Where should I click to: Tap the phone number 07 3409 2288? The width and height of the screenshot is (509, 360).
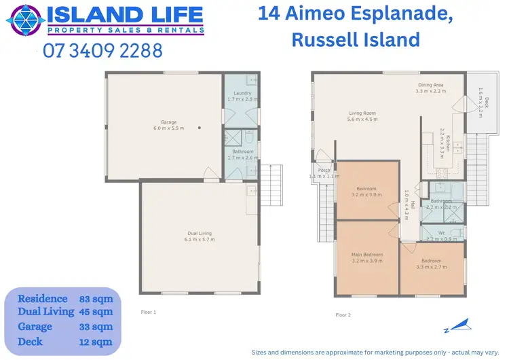pyautogui.click(x=102, y=50)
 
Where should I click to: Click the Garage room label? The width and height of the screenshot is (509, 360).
pyautogui.click(x=168, y=124)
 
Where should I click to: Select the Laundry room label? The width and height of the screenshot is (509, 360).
pyautogui.click(x=242, y=93)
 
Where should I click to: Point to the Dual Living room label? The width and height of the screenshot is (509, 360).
pyautogui.click(x=200, y=234)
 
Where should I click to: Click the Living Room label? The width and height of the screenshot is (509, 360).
pyautogui.click(x=362, y=113)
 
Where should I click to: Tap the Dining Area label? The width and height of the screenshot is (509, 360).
pyautogui.click(x=430, y=85)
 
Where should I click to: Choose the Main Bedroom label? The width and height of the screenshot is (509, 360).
pyautogui.click(x=367, y=255)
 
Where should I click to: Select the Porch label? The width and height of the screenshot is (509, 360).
pyautogui.click(x=324, y=170)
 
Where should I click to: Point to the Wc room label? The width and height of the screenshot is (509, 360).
pyautogui.click(x=442, y=233)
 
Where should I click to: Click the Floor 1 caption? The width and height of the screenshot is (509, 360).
pyautogui.click(x=149, y=312)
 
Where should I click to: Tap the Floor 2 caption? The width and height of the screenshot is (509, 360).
pyautogui.click(x=343, y=314)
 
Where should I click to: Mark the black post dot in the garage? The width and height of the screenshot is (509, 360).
pyautogui.click(x=199, y=128)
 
